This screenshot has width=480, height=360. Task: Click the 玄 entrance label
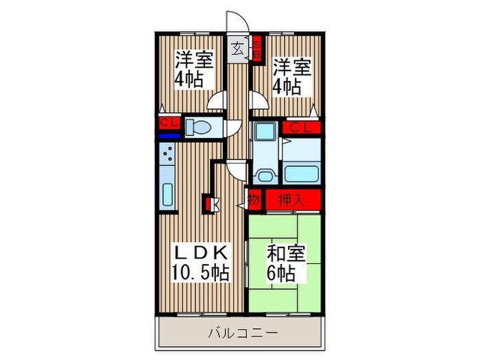point(237,49)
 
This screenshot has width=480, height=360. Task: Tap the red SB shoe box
point(256,49)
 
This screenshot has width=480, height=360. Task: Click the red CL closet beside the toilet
point(167,123)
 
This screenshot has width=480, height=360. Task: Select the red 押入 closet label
point(291,200)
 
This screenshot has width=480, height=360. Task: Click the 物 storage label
point(253,200)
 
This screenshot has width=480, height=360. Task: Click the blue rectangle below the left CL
point(167,136)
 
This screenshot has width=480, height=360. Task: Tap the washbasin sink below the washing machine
point(265,173)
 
